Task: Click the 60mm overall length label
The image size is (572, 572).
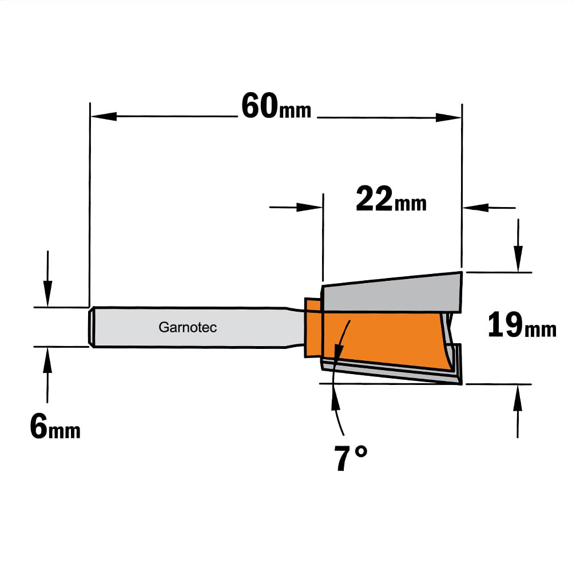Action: (276, 106)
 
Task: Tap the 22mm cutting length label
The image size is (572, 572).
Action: (391, 199)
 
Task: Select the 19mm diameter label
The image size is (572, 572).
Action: (522, 325)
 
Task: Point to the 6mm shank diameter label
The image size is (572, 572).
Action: (55, 427)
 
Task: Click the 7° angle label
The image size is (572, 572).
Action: (351, 458)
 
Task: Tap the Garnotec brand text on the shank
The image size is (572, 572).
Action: (188, 327)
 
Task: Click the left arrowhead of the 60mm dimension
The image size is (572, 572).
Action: (104, 117)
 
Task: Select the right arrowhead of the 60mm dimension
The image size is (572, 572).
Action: (448, 117)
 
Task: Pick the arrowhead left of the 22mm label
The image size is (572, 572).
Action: (309, 207)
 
